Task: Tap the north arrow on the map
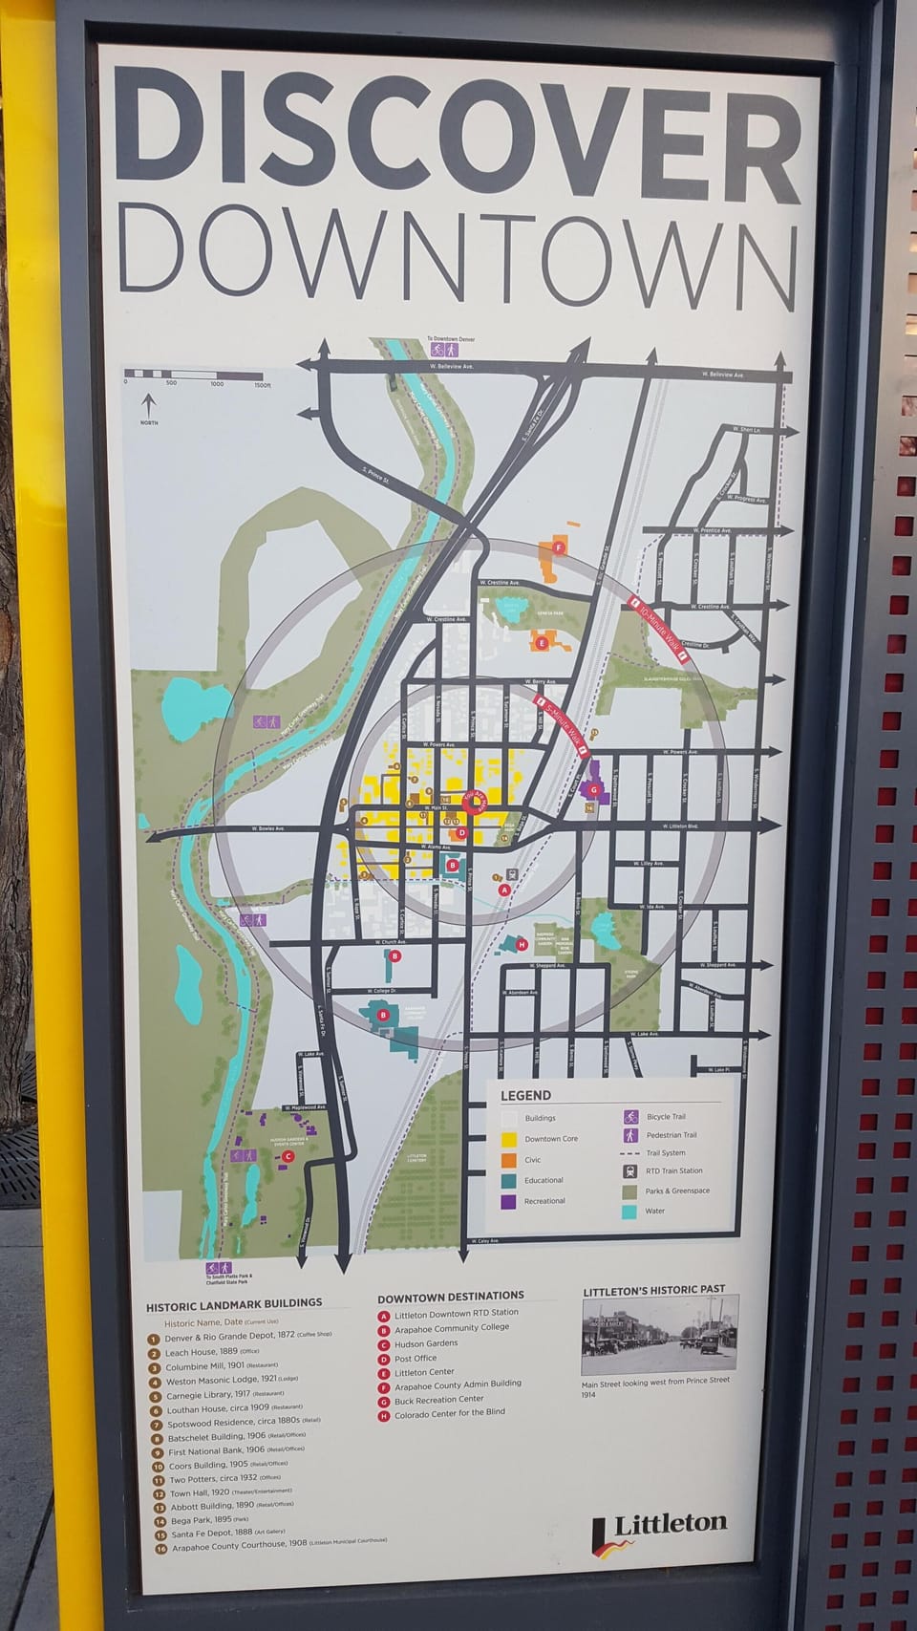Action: point(148,408)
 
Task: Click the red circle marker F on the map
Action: point(559,547)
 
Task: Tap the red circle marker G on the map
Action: point(593,789)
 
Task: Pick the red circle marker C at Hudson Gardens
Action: point(288,1155)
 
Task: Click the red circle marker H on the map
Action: point(521,944)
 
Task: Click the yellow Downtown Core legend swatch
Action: point(509,1139)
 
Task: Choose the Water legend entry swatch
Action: point(629,1211)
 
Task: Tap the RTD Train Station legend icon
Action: point(630,1170)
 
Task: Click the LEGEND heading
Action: point(525,1095)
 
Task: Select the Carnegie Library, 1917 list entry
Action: point(215,1396)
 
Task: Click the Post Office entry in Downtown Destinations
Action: point(415,1358)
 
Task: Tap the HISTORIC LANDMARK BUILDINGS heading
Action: point(234,1303)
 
